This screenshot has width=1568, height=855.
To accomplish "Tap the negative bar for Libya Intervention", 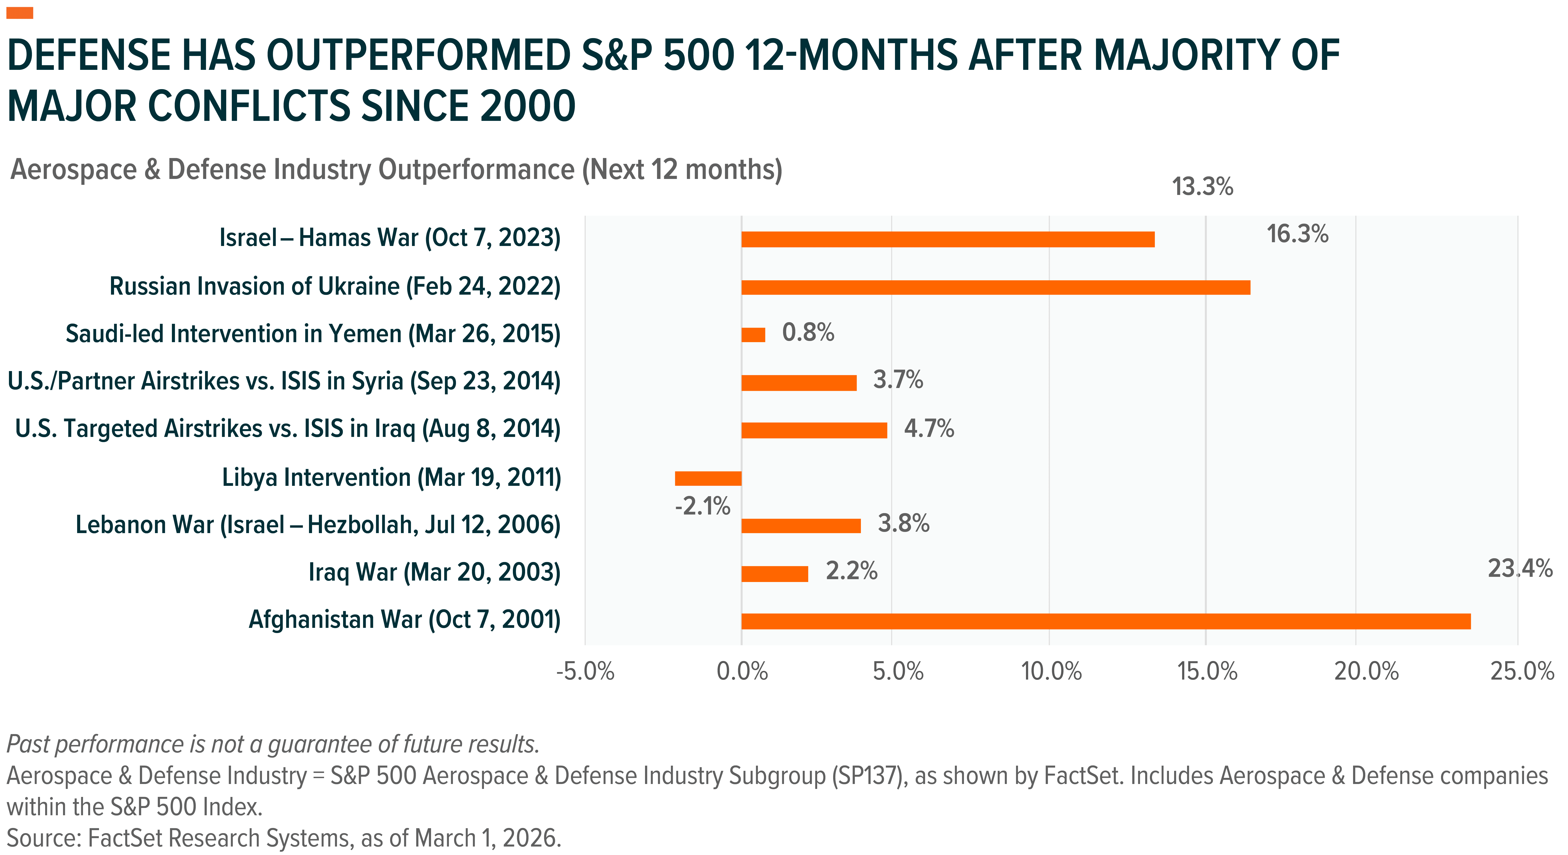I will click(x=708, y=478).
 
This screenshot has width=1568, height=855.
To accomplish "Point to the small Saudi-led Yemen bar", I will click(x=753, y=335).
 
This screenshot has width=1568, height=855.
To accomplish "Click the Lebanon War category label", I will click(x=318, y=525).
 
